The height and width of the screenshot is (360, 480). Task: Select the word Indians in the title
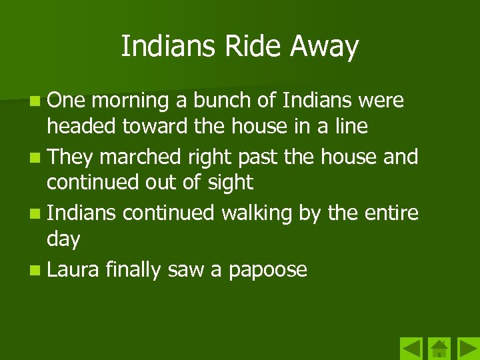(169, 46)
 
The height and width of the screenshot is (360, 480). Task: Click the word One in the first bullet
(66, 101)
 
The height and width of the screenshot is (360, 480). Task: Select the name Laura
(73, 270)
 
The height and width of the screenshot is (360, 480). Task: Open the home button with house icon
(439, 349)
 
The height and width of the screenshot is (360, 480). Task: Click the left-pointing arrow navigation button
(411, 349)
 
